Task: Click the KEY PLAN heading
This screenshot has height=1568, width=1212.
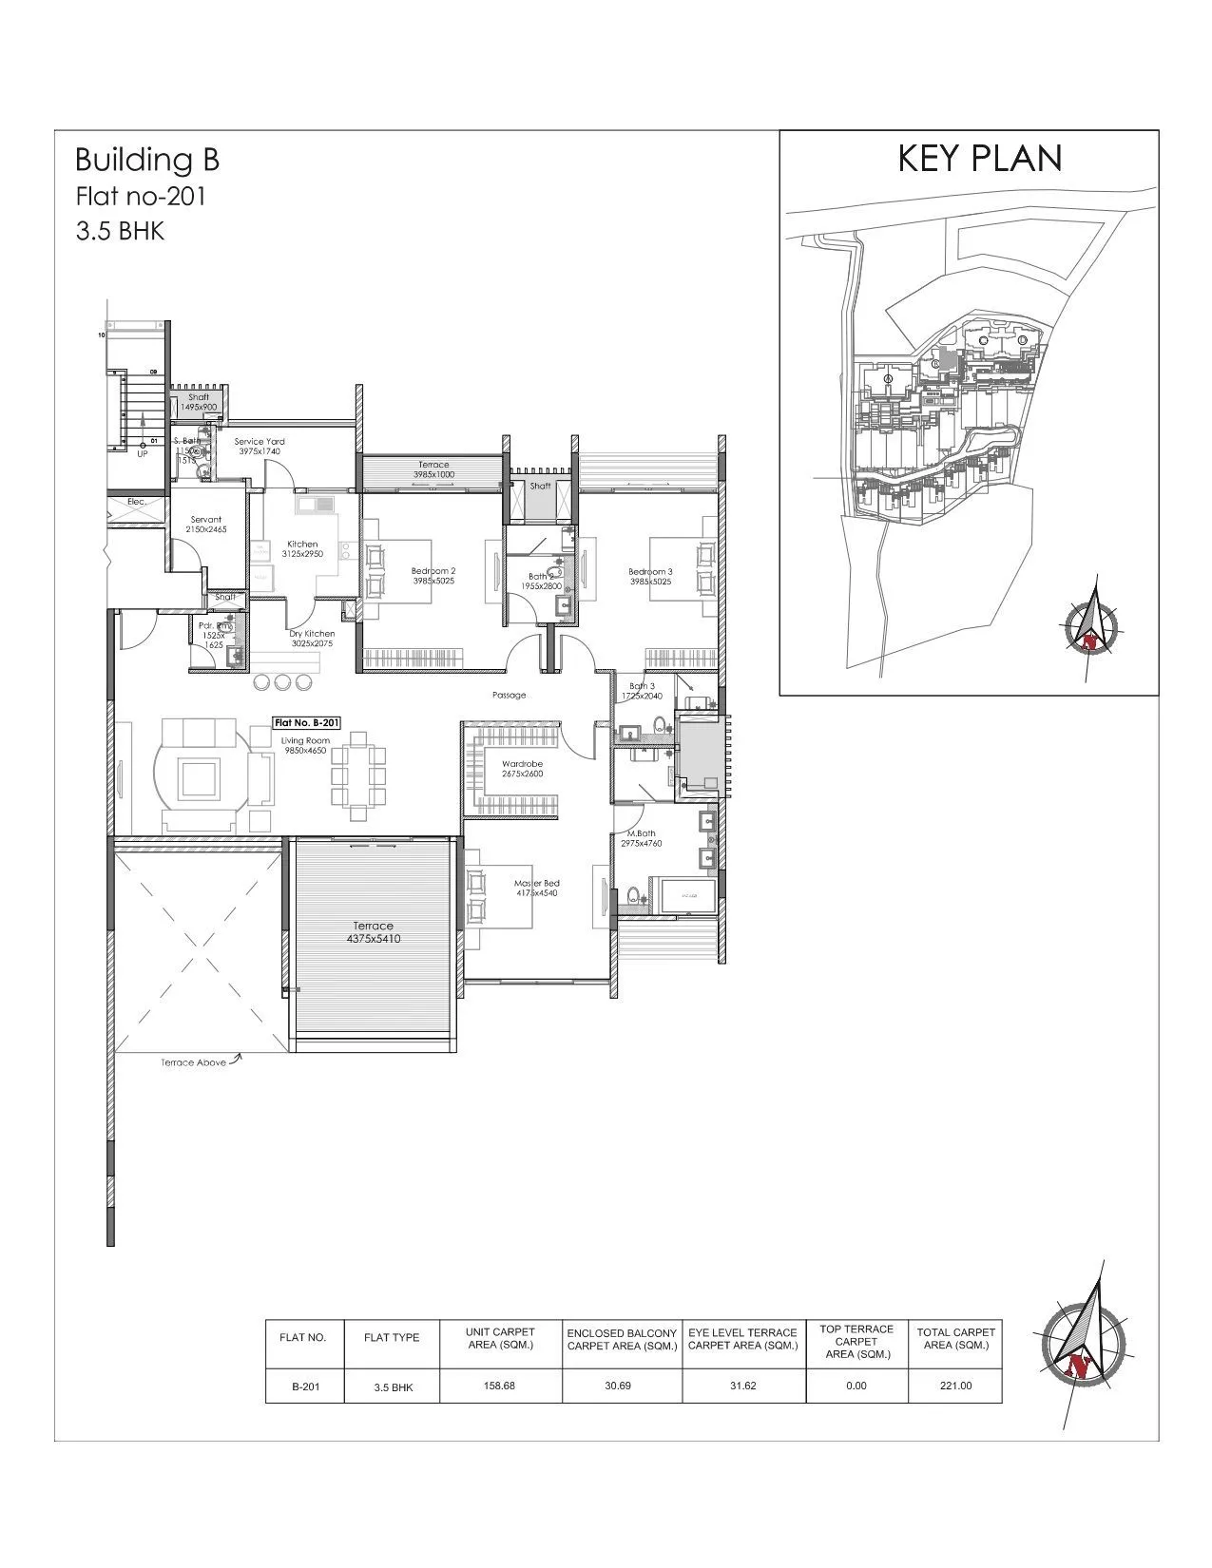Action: point(980,160)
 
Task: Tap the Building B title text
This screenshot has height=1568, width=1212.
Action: point(147,160)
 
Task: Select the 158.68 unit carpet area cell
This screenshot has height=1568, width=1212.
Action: point(499,1386)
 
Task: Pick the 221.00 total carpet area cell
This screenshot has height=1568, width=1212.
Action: point(955,1386)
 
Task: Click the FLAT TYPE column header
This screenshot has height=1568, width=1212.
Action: point(392,1337)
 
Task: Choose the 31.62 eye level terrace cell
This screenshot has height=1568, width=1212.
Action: point(742,1386)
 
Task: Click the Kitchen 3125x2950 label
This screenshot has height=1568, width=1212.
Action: point(302,549)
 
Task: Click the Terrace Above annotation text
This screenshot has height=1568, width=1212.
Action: point(193,1062)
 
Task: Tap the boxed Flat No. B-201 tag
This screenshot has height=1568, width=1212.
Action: point(305,722)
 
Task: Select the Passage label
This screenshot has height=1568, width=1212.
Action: point(510,695)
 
